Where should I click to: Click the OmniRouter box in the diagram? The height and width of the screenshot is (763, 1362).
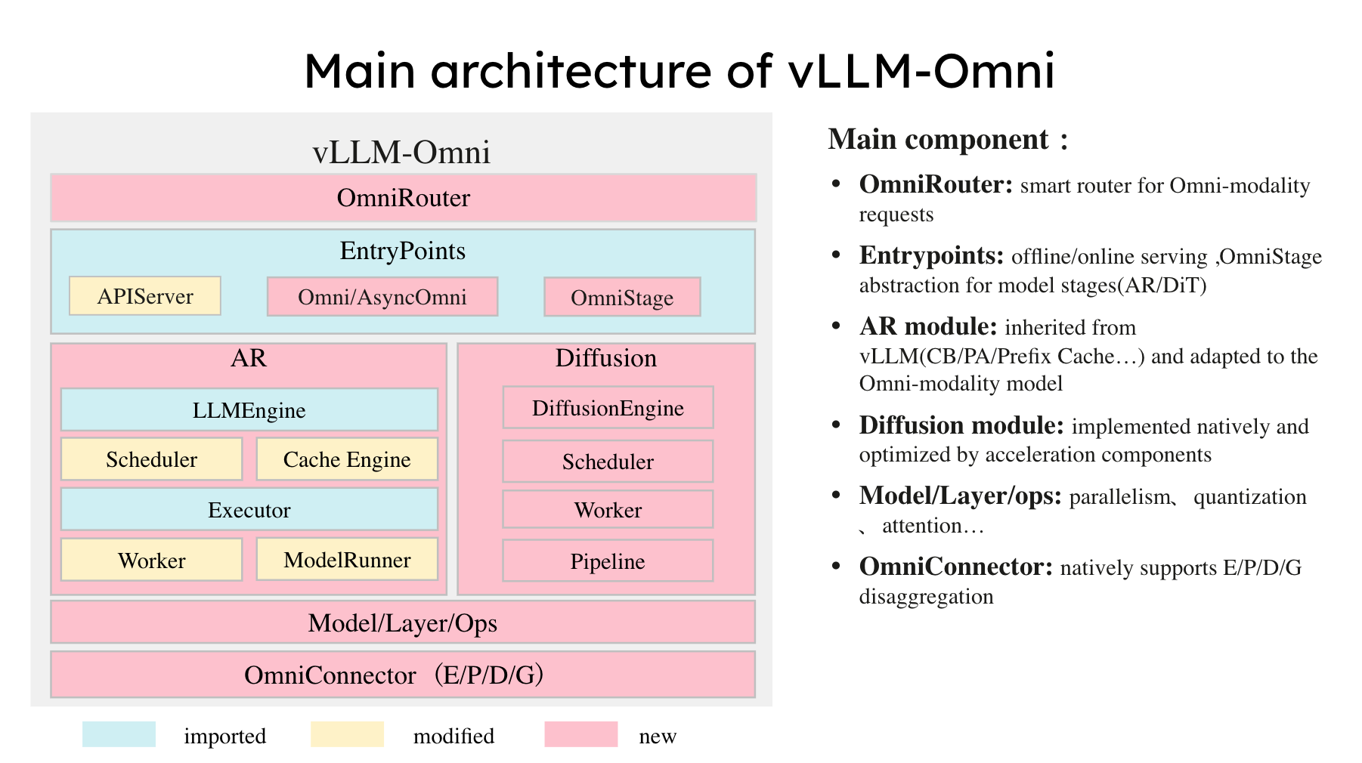403,198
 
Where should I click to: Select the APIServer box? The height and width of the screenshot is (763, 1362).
145,296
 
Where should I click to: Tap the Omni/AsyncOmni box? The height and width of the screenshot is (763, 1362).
382,297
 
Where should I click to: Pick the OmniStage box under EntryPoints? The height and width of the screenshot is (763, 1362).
622,298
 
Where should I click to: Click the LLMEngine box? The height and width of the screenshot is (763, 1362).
249,410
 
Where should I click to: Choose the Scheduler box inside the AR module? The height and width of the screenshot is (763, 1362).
151,459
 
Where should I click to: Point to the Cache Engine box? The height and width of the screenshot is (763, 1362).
347,459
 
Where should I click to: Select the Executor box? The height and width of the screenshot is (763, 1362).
249,510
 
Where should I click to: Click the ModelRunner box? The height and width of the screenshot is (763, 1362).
347,560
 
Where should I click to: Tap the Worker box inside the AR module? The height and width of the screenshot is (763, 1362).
151,560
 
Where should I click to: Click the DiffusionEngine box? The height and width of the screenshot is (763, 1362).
608,408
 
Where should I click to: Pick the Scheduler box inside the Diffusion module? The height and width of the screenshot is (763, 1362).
608,462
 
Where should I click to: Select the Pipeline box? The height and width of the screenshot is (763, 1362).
608,561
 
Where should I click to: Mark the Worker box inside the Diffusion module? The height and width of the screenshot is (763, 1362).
608,510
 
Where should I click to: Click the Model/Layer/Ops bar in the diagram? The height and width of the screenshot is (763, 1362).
403,622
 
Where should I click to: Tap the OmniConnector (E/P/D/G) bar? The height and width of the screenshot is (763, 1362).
403,675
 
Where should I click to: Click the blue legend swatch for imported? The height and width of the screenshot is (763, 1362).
119,734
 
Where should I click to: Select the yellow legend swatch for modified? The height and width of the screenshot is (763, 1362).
347,734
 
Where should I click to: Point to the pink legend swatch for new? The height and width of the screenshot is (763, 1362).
580,734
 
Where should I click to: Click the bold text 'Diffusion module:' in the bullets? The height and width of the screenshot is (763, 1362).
961,426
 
